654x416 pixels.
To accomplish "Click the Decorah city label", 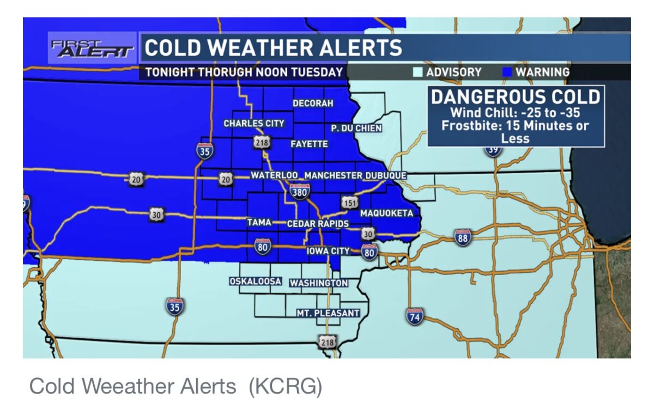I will (x=313, y=103).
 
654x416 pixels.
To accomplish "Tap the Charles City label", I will (x=254, y=124).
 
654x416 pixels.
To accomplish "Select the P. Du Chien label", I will (x=356, y=128).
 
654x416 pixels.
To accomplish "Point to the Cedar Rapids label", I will (x=318, y=224).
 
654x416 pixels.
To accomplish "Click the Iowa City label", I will (x=328, y=251).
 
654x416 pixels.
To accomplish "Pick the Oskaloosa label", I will (x=255, y=282).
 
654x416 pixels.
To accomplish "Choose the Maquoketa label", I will (x=386, y=213).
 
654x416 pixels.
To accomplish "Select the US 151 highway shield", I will (x=350, y=203).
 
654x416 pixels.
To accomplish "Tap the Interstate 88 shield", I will (x=463, y=237).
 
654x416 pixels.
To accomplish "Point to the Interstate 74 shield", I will (x=415, y=315).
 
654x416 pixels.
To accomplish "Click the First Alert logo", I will (x=92, y=49).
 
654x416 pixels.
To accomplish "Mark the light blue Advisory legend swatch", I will (x=418, y=72).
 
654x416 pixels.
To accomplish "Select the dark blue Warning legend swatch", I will (x=507, y=72).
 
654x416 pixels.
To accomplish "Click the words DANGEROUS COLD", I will (x=515, y=97).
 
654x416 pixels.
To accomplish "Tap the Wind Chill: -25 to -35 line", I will (x=515, y=113).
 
